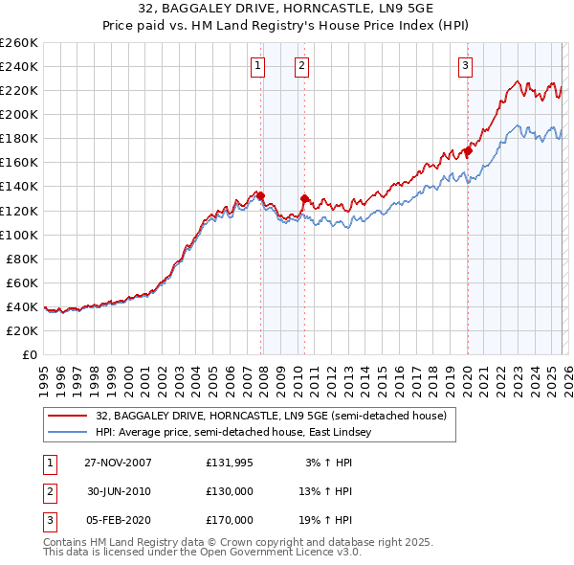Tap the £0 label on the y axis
(x=29, y=354)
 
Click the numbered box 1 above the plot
(x=259, y=66)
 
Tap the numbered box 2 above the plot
(x=301, y=66)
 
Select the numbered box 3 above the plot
(x=465, y=66)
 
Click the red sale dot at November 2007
(x=260, y=195)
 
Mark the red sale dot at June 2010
(x=304, y=198)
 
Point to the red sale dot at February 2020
(x=468, y=150)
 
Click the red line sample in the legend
(x=67, y=416)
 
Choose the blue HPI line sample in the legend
(x=67, y=432)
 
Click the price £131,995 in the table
(x=230, y=463)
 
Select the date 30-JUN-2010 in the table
(x=119, y=491)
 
